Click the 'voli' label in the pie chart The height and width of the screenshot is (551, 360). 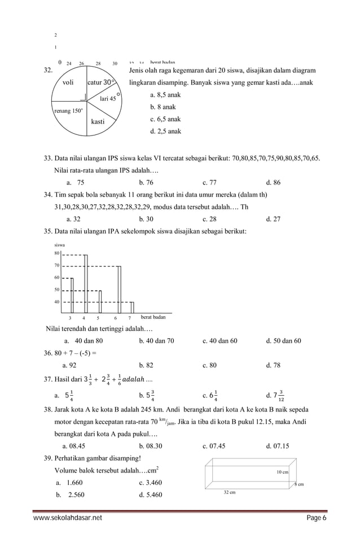click(68, 82)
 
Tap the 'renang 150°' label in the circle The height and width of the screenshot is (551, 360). click(68, 111)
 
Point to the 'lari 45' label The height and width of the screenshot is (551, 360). click(107, 98)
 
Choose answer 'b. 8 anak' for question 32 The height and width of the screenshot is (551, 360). click(163, 107)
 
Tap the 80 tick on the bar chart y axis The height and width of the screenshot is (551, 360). click(56, 253)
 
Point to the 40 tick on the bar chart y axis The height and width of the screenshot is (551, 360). click(56, 301)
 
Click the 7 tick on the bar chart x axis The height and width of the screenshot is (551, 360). click(129, 318)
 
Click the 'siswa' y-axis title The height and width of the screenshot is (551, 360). click(59, 245)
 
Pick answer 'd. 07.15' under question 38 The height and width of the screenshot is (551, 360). click(277, 445)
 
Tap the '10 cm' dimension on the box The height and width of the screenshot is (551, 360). click(282, 471)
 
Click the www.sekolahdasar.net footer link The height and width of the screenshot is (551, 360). click(68, 518)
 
